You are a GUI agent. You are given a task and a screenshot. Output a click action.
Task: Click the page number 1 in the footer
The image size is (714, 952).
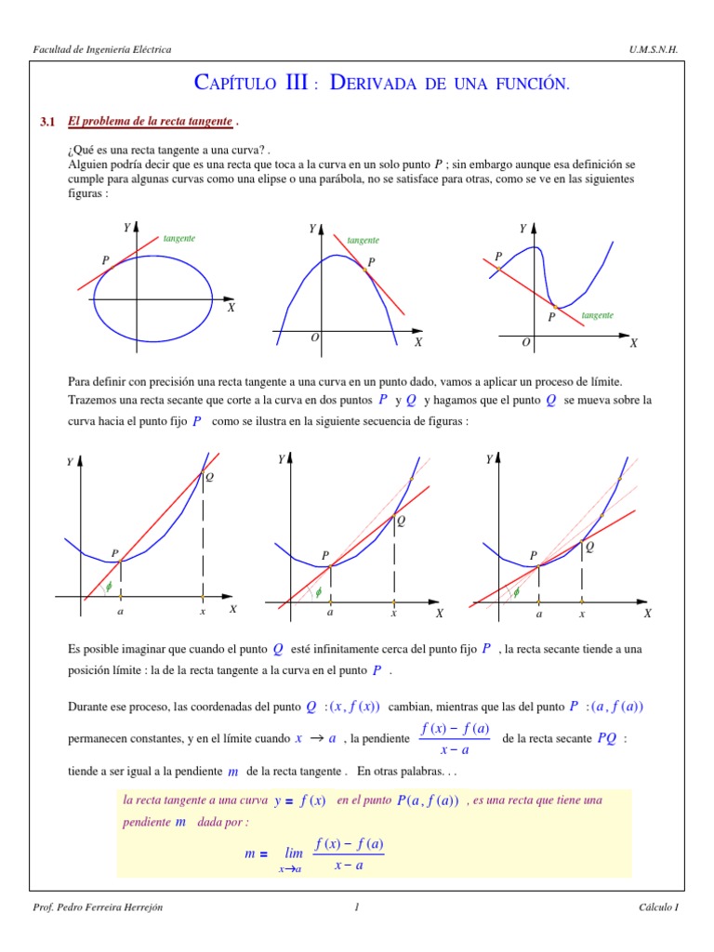point(356,907)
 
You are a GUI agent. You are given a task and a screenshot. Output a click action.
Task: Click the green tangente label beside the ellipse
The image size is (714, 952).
point(179,239)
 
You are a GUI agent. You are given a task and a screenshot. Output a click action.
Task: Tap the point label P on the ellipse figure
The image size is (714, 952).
point(106,261)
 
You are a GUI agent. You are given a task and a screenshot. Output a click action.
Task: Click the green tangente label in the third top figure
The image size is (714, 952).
point(598,316)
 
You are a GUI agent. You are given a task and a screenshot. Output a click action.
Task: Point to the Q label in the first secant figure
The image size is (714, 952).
point(209,477)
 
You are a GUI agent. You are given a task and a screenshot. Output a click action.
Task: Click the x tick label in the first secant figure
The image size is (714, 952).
point(202,612)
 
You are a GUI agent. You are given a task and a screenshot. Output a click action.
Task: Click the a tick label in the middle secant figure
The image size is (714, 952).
point(330,614)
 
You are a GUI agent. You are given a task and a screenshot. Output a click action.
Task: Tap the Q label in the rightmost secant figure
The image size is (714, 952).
point(589,548)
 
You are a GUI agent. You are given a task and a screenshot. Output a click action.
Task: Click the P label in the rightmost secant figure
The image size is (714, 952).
point(534,556)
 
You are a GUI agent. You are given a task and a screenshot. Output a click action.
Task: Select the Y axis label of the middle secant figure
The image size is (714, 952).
point(281,459)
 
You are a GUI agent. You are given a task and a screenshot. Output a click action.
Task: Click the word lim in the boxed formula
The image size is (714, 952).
point(295,853)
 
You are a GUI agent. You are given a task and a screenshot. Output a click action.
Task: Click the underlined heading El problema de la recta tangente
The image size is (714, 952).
point(150,122)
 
